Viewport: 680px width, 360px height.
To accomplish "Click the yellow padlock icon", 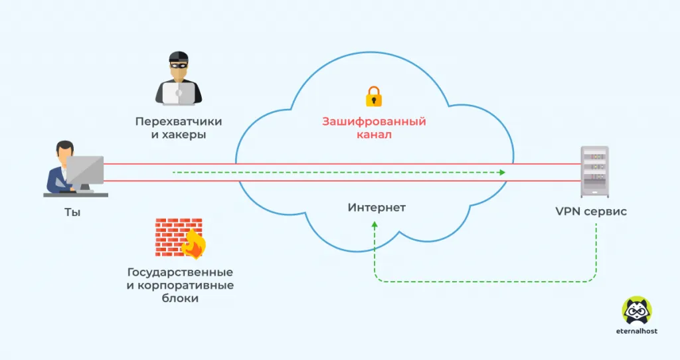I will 374,96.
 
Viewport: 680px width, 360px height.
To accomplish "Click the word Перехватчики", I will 178,122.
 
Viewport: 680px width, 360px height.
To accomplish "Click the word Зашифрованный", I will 374,122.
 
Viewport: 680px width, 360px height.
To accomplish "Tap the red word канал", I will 374,135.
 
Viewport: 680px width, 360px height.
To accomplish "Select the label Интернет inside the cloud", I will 377,208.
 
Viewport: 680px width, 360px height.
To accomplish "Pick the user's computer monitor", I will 85,171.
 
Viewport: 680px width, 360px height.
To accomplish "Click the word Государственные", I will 180,272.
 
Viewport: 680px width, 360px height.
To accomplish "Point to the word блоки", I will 180,299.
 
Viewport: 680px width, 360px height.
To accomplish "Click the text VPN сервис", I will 591,212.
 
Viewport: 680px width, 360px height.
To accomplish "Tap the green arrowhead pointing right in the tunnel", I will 502,173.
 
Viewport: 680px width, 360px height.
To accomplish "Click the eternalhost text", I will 636,331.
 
